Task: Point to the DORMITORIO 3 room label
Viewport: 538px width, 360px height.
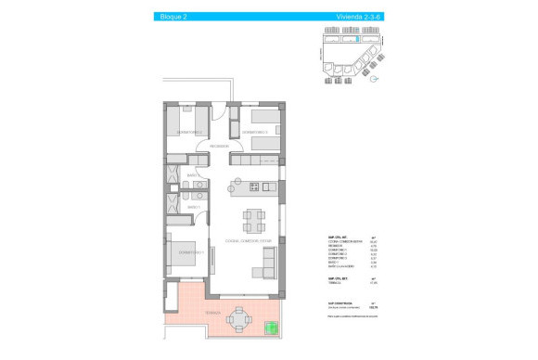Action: (255, 134)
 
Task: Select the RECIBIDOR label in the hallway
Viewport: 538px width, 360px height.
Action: (219, 147)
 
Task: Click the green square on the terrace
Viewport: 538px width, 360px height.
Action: (271, 327)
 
